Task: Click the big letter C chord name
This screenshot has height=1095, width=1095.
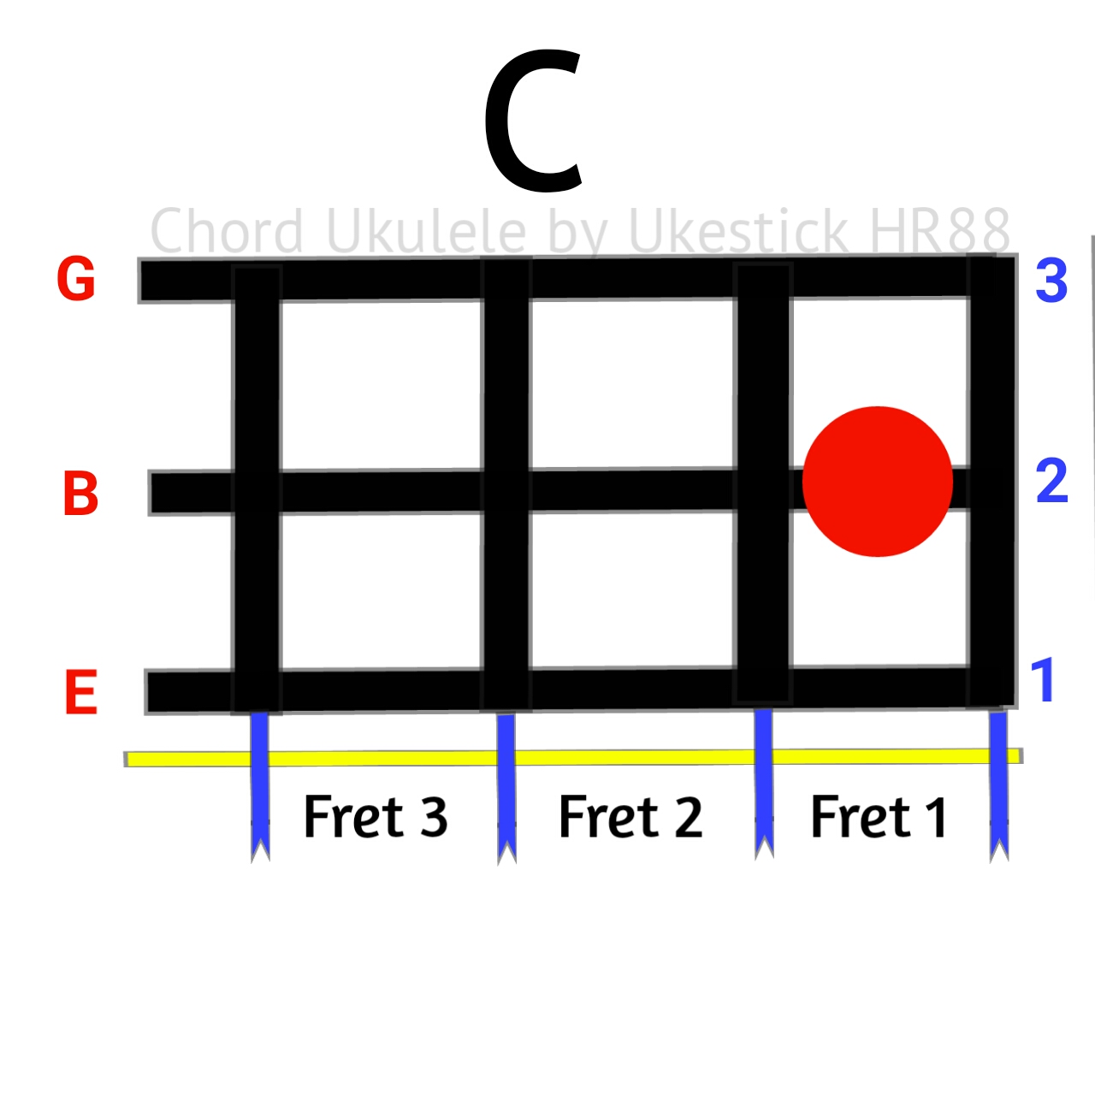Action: [x=534, y=121]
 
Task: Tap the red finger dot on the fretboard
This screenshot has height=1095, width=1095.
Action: [x=878, y=482]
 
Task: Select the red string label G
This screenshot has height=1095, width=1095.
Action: [x=75, y=280]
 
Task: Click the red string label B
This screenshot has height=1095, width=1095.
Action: [x=80, y=494]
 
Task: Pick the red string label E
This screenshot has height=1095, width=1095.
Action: [x=80, y=692]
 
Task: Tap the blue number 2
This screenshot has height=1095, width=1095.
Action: [x=1051, y=481]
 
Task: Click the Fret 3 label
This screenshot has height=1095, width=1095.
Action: [x=376, y=817]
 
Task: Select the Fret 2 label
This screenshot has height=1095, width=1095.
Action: [x=630, y=817]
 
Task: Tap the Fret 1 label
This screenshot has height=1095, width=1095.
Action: [x=879, y=817]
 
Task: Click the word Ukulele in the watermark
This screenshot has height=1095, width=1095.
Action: [x=426, y=231]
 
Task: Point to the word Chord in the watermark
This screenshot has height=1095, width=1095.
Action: [x=227, y=231]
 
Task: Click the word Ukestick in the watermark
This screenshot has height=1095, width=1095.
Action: [x=737, y=230]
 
